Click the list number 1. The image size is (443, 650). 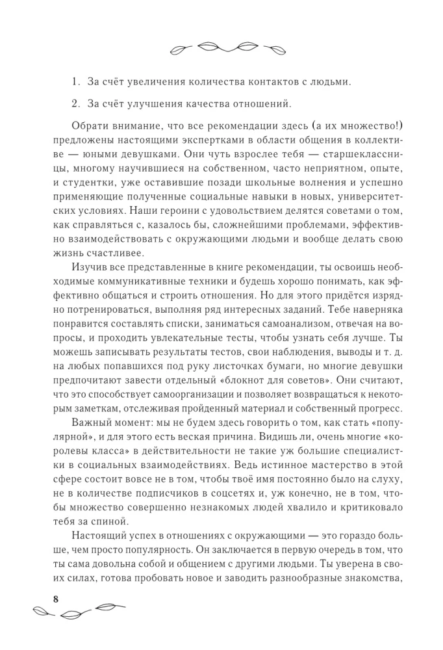pyautogui.click(x=75, y=83)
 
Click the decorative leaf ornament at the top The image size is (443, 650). pyautogui.click(x=221, y=47)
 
